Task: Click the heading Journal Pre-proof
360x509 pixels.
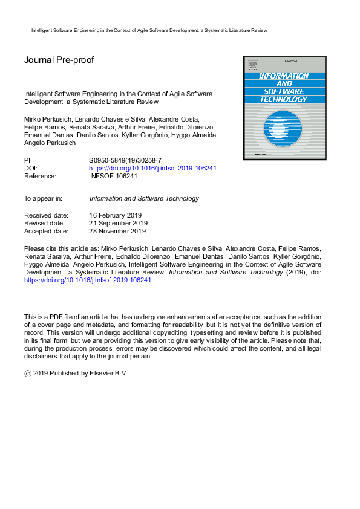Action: (59, 60)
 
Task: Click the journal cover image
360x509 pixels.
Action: (284, 108)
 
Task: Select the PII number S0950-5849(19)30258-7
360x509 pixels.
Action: (126, 161)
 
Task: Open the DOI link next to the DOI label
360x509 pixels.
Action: (152, 169)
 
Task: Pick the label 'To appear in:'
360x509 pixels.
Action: (43, 198)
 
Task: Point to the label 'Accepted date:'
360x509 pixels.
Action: (46, 230)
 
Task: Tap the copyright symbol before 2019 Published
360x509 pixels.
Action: (27, 374)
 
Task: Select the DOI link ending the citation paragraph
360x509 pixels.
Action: (88, 280)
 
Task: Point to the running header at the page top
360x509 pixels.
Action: (149, 30)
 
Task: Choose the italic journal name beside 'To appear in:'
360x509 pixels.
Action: (144, 198)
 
